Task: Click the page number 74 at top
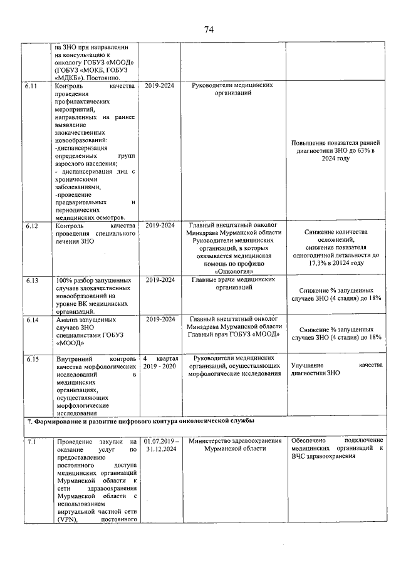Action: [209, 29]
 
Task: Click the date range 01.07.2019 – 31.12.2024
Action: [160, 446]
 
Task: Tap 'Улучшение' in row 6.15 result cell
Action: [308, 365]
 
